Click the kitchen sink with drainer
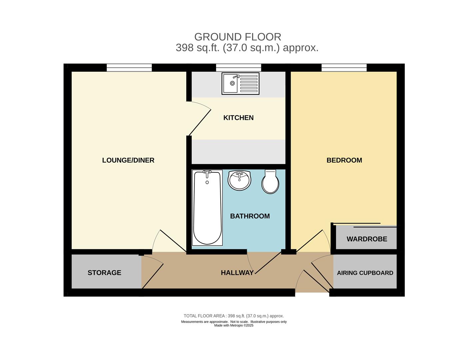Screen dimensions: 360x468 coord(240,83)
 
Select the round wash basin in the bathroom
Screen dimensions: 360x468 coord(239,180)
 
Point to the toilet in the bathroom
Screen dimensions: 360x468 coord(270,182)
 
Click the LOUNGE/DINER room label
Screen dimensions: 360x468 coord(128,160)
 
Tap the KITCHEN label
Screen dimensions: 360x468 coord(238,118)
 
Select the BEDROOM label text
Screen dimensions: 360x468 coord(344,160)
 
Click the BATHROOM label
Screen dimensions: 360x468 coord(250,216)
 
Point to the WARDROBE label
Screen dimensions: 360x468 coord(367,239)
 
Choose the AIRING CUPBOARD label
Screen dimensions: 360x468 coord(365,273)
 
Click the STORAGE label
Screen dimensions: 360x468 coord(104,273)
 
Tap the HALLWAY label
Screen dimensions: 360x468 coord(237,273)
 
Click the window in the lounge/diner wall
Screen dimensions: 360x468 coord(129,68)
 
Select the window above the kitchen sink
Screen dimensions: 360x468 coord(238,68)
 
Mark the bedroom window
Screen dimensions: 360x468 coord(344,68)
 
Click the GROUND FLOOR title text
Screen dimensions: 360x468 coord(238,37)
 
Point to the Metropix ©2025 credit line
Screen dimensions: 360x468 coord(234,326)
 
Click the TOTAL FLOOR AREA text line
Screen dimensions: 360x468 coord(234,316)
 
